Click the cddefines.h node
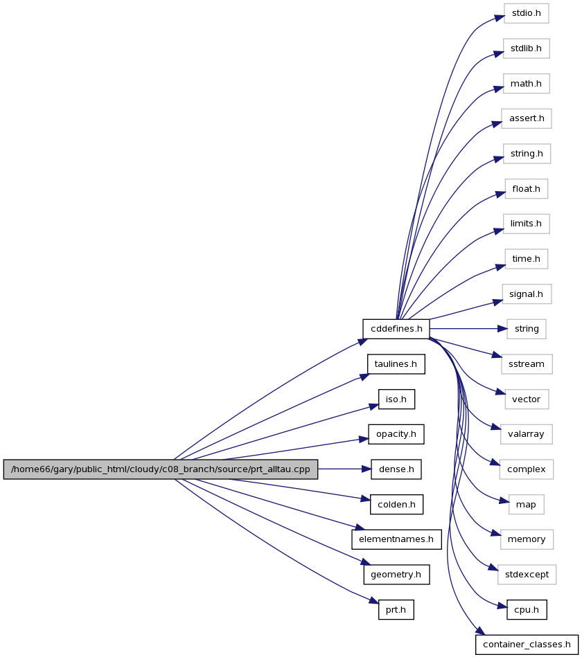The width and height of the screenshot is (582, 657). (396, 329)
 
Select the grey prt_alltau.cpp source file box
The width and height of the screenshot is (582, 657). (161, 469)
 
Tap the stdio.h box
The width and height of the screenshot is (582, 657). (527, 13)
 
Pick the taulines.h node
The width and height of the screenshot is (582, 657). (396, 364)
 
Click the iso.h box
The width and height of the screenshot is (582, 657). (396, 399)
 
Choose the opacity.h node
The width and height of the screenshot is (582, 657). (396, 434)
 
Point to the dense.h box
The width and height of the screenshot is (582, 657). (396, 469)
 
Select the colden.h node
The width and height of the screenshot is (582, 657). (396, 505)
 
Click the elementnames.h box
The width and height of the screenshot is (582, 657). (396, 539)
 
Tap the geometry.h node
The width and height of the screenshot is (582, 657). (396, 575)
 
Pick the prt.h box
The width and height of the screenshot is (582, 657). (396, 610)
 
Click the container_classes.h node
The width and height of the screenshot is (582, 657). (527, 645)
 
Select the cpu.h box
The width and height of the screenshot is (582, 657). (527, 610)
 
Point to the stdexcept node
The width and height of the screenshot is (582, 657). (527, 575)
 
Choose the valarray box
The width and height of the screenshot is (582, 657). (527, 434)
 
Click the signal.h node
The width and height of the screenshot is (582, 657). (527, 294)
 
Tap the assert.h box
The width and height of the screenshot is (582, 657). (527, 118)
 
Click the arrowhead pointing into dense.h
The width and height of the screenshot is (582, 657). (366, 469)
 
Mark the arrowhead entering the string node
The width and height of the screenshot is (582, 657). (502, 329)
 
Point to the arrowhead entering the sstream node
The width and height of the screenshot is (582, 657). (497, 356)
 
